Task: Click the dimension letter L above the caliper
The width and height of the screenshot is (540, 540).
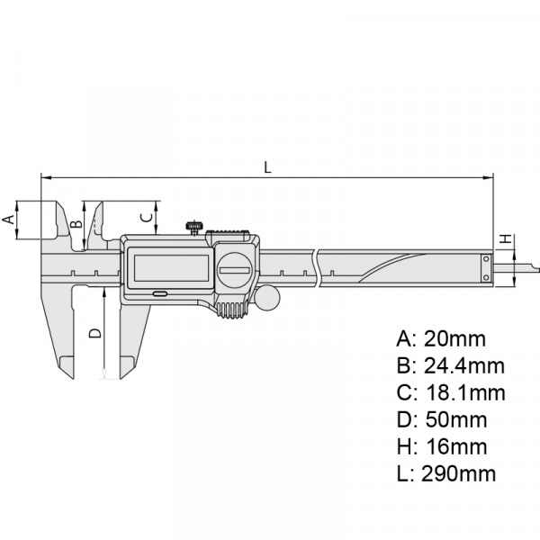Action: point(266,166)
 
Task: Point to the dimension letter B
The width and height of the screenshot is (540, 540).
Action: point(77,219)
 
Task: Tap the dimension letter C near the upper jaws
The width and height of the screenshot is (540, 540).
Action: point(144,216)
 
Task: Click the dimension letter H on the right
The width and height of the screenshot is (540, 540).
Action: point(506,238)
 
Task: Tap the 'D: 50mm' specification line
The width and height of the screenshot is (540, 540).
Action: point(441,419)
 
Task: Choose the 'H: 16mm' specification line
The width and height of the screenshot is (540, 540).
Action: point(441,446)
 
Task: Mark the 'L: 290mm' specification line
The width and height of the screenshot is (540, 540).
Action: point(445,473)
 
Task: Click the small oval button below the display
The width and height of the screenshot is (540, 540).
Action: point(159,293)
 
